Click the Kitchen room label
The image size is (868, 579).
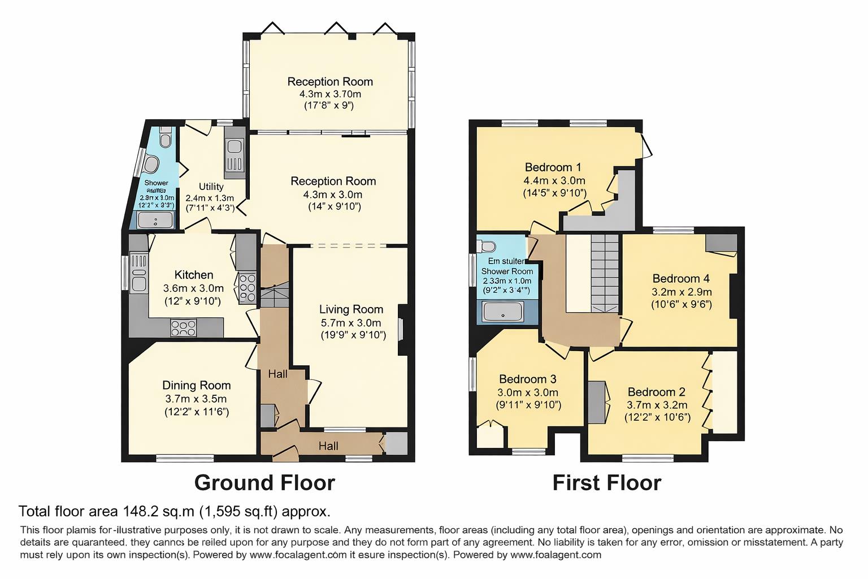194,275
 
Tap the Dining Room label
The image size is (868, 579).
196,386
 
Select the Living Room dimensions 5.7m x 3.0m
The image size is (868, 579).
351,323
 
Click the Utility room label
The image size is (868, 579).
211,187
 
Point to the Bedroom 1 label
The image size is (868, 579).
553,167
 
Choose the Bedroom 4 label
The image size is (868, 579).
680,279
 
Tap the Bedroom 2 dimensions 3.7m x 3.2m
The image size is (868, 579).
657,405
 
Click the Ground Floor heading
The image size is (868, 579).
264,483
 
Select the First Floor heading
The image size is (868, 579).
606,483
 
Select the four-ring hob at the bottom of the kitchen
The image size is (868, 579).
183,327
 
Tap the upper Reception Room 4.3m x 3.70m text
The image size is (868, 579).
330,94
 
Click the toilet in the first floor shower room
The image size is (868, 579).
486,247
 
